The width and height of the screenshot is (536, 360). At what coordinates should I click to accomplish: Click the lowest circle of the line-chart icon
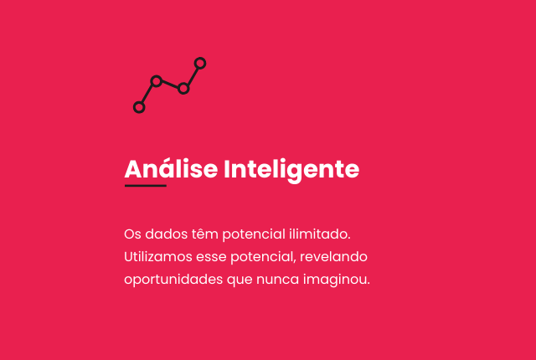(139, 103)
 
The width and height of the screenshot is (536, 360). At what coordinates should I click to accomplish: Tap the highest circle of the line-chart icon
(200, 59)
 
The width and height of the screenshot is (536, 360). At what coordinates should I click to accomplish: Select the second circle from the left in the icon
(157, 77)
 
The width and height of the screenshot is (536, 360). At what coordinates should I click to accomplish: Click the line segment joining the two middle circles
(170, 85)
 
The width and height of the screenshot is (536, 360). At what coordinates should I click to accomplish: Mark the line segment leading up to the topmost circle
(193, 76)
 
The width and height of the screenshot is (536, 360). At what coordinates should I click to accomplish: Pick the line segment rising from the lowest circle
(147, 94)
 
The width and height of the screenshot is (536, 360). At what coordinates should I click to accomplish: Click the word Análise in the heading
(171, 169)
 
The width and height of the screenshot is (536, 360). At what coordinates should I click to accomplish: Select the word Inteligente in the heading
(291, 171)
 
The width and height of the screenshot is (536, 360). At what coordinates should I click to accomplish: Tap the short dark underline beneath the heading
(146, 186)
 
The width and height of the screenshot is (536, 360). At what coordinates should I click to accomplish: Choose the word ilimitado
(320, 234)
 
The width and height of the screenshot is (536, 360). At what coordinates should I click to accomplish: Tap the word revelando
(333, 256)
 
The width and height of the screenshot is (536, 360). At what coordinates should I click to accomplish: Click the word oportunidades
(173, 280)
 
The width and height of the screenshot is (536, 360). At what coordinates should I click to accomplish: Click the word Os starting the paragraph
(132, 234)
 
